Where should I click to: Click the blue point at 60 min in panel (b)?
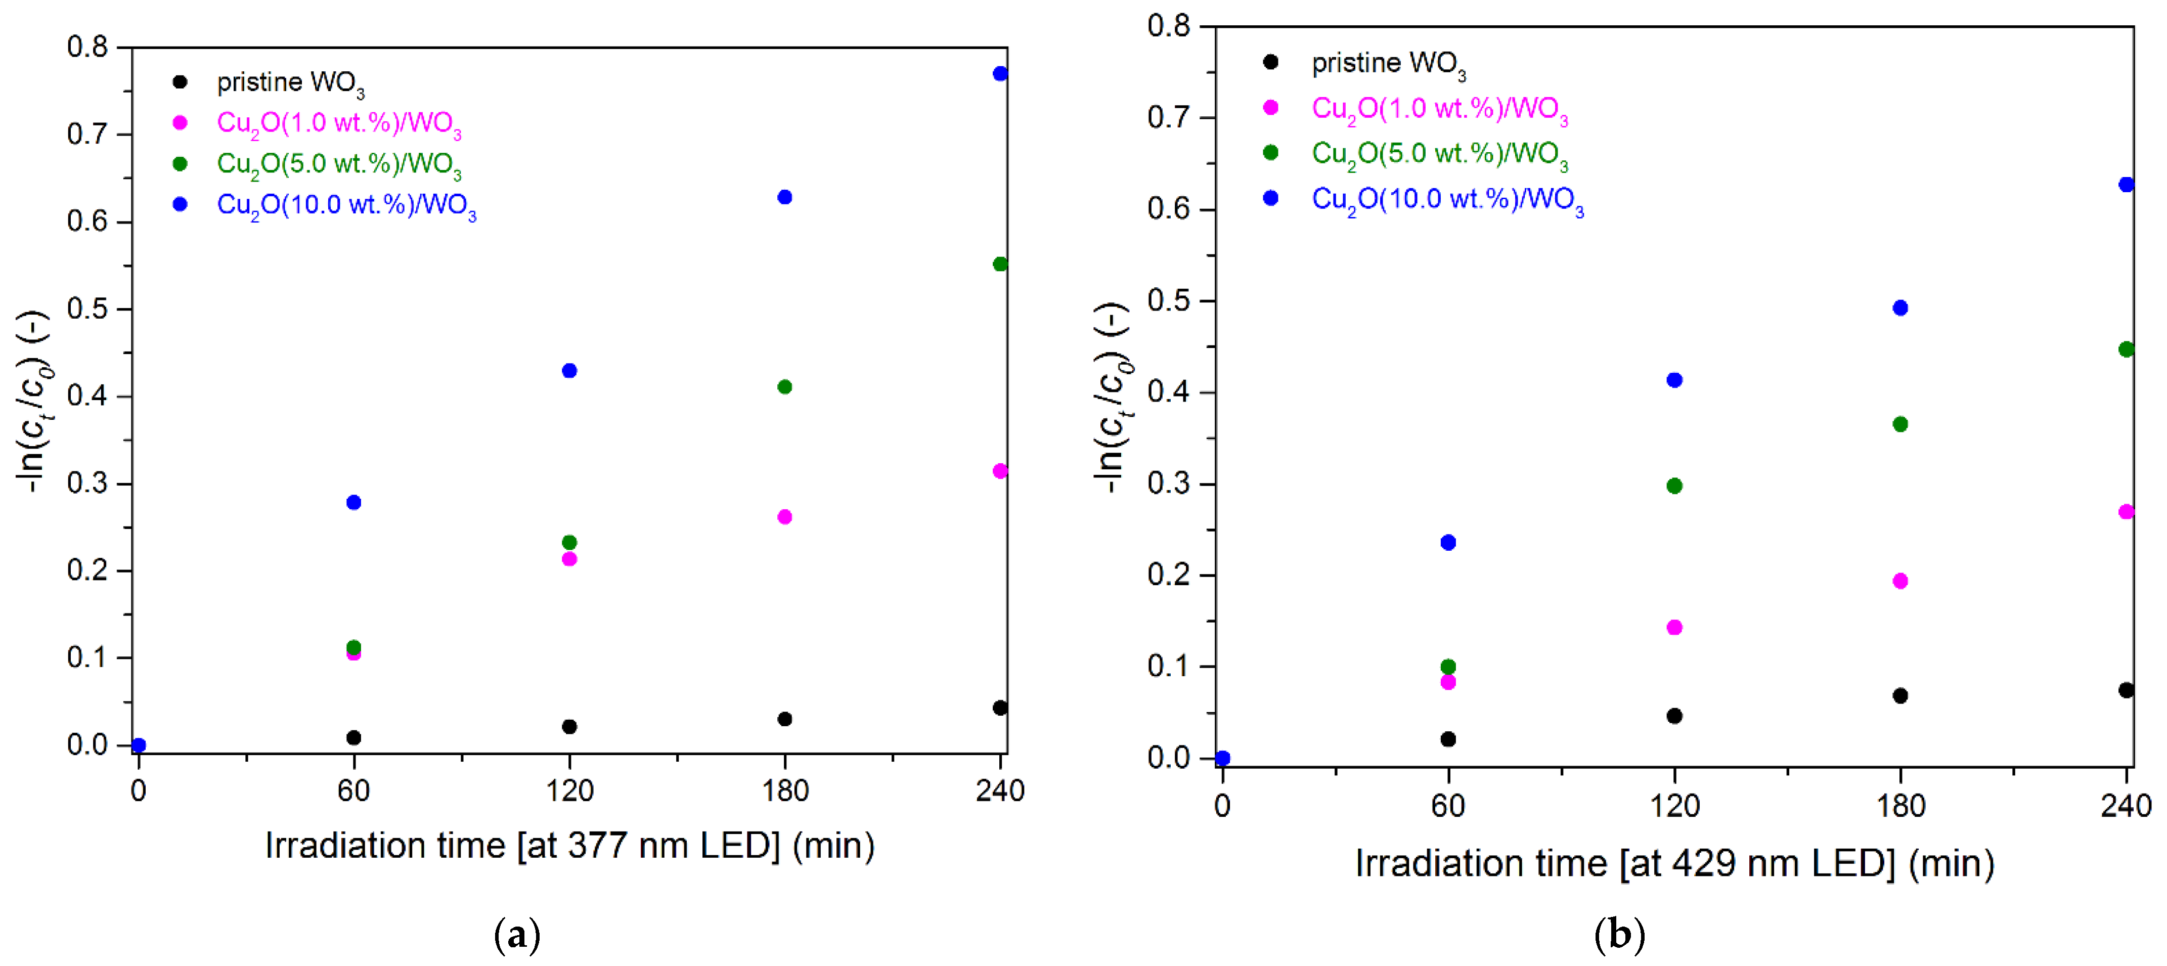coord(1448,543)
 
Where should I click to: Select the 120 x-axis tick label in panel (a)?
coord(569,791)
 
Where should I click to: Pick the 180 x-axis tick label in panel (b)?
coord(1901,806)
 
